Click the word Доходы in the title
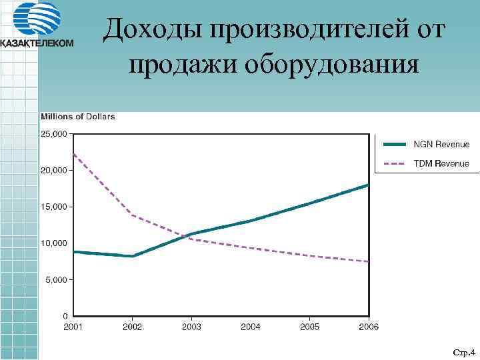point(151,29)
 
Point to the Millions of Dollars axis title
point(78,117)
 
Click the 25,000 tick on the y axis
point(55,134)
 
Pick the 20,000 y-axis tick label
point(55,171)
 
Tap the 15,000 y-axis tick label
point(55,207)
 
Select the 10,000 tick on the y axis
point(55,243)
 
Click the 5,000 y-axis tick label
point(57,280)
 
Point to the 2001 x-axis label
point(73,327)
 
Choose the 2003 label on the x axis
point(191,327)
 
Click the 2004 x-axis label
point(251,327)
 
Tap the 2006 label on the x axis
point(369,327)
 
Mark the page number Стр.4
point(462,351)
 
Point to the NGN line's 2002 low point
point(133,256)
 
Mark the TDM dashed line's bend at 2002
point(133,215)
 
